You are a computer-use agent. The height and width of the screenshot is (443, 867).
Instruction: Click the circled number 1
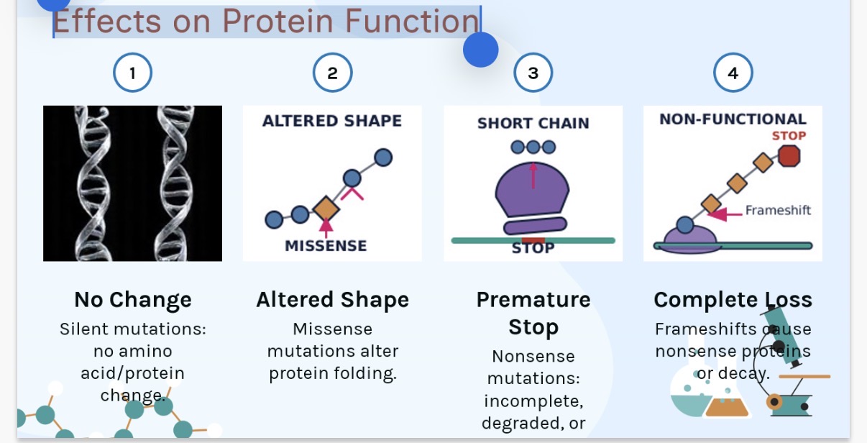[x=132, y=73]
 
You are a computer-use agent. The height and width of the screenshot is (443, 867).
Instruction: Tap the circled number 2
[x=332, y=73]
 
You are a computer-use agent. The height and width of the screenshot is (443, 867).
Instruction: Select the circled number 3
[x=533, y=73]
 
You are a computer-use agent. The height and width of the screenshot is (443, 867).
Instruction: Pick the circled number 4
[x=733, y=73]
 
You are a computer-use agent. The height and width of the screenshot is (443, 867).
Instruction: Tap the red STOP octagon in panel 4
[x=789, y=155]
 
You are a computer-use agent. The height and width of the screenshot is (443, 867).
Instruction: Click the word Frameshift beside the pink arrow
[x=778, y=211]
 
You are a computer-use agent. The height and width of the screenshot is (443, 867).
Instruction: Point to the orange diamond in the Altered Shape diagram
[x=326, y=208]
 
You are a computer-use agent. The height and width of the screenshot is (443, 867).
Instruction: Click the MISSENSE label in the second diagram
[x=326, y=246]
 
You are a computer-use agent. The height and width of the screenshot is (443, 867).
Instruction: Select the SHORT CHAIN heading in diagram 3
[x=533, y=124]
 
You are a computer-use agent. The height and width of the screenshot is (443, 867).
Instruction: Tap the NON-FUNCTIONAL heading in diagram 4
[x=733, y=119]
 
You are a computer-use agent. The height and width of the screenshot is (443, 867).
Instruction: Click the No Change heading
[x=133, y=300]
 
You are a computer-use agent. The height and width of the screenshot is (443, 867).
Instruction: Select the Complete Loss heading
[x=733, y=300]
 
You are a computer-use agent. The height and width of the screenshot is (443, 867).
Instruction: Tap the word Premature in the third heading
[x=533, y=300]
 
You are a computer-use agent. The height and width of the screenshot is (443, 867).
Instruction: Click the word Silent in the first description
[x=83, y=329]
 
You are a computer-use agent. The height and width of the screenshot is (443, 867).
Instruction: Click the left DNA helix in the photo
[x=91, y=183]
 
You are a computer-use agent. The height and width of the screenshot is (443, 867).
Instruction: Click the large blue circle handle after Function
[x=480, y=50]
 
